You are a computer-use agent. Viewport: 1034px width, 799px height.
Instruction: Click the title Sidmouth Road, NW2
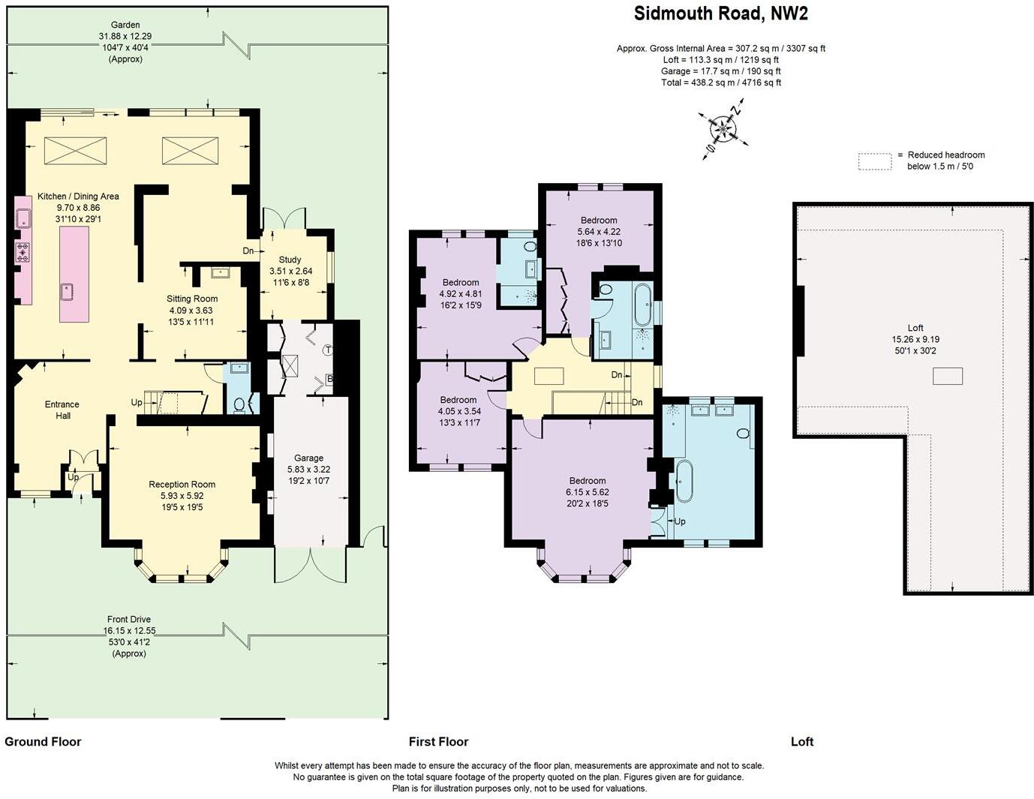pos(720,14)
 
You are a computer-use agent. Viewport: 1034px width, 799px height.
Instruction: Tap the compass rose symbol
pos(723,131)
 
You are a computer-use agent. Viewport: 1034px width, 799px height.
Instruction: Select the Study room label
pos(290,260)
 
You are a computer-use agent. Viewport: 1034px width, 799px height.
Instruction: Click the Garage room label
pos(308,458)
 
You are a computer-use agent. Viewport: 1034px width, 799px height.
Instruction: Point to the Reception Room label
pos(182,485)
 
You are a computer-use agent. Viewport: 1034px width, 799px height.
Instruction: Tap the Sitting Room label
pos(192,299)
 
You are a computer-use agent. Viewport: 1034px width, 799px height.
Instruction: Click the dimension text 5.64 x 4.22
pos(599,232)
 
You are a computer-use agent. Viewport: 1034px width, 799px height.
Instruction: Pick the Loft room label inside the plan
pos(915,328)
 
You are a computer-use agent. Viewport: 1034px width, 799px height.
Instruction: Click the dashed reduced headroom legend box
pos(875,161)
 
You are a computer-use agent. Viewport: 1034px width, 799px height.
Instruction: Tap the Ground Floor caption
pos(43,742)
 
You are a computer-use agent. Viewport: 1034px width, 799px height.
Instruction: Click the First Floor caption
pos(438,742)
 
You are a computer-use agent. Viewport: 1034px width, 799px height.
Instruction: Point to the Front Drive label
pos(129,620)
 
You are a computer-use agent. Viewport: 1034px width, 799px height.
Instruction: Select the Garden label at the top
pos(125,25)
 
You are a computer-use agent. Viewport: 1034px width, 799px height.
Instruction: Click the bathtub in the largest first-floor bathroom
pos(684,480)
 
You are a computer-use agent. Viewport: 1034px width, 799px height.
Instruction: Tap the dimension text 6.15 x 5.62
pos(588,492)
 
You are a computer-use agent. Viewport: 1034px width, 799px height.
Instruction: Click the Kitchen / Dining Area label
pos(78,197)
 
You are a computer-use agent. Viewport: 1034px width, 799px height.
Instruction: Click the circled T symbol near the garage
pos(328,350)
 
